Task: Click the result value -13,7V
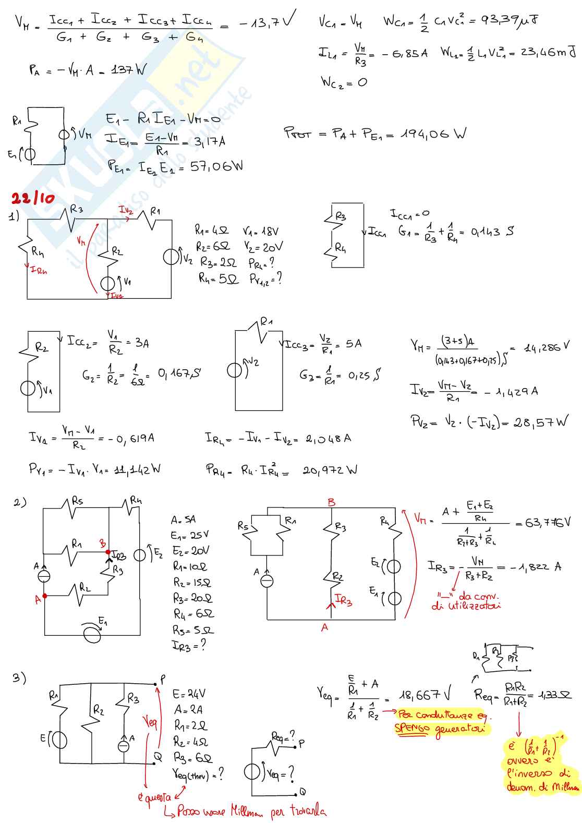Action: (x=266, y=22)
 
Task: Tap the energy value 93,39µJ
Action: (x=510, y=20)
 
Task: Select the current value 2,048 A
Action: (x=328, y=439)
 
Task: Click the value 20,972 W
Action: (x=330, y=470)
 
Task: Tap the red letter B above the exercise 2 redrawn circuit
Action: (x=332, y=502)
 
